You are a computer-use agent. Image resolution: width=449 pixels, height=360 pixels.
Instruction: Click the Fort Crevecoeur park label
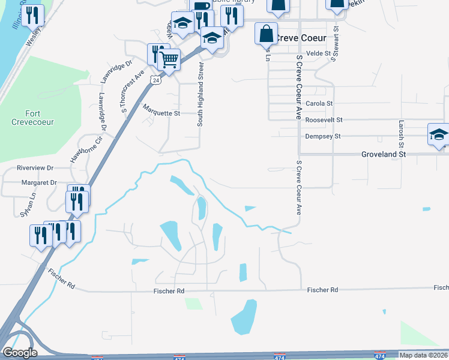40,118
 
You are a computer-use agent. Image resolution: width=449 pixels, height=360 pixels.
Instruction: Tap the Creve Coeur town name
300,38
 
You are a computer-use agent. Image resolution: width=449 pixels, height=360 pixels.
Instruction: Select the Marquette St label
161,113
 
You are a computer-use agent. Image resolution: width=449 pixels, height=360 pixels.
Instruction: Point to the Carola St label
319,104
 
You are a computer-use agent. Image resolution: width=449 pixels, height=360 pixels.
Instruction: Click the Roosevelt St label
323,120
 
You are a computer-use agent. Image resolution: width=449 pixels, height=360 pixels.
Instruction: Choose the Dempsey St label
323,136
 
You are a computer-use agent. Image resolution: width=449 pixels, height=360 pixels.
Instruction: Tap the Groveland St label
384,154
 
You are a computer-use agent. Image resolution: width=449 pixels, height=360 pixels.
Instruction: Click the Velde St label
319,53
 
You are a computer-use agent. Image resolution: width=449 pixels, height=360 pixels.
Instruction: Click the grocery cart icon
170,59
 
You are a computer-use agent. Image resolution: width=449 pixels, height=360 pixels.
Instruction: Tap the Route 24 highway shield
155,80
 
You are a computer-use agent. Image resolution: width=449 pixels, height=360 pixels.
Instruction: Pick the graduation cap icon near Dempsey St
438,134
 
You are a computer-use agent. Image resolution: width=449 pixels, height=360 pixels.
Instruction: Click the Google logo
20,353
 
